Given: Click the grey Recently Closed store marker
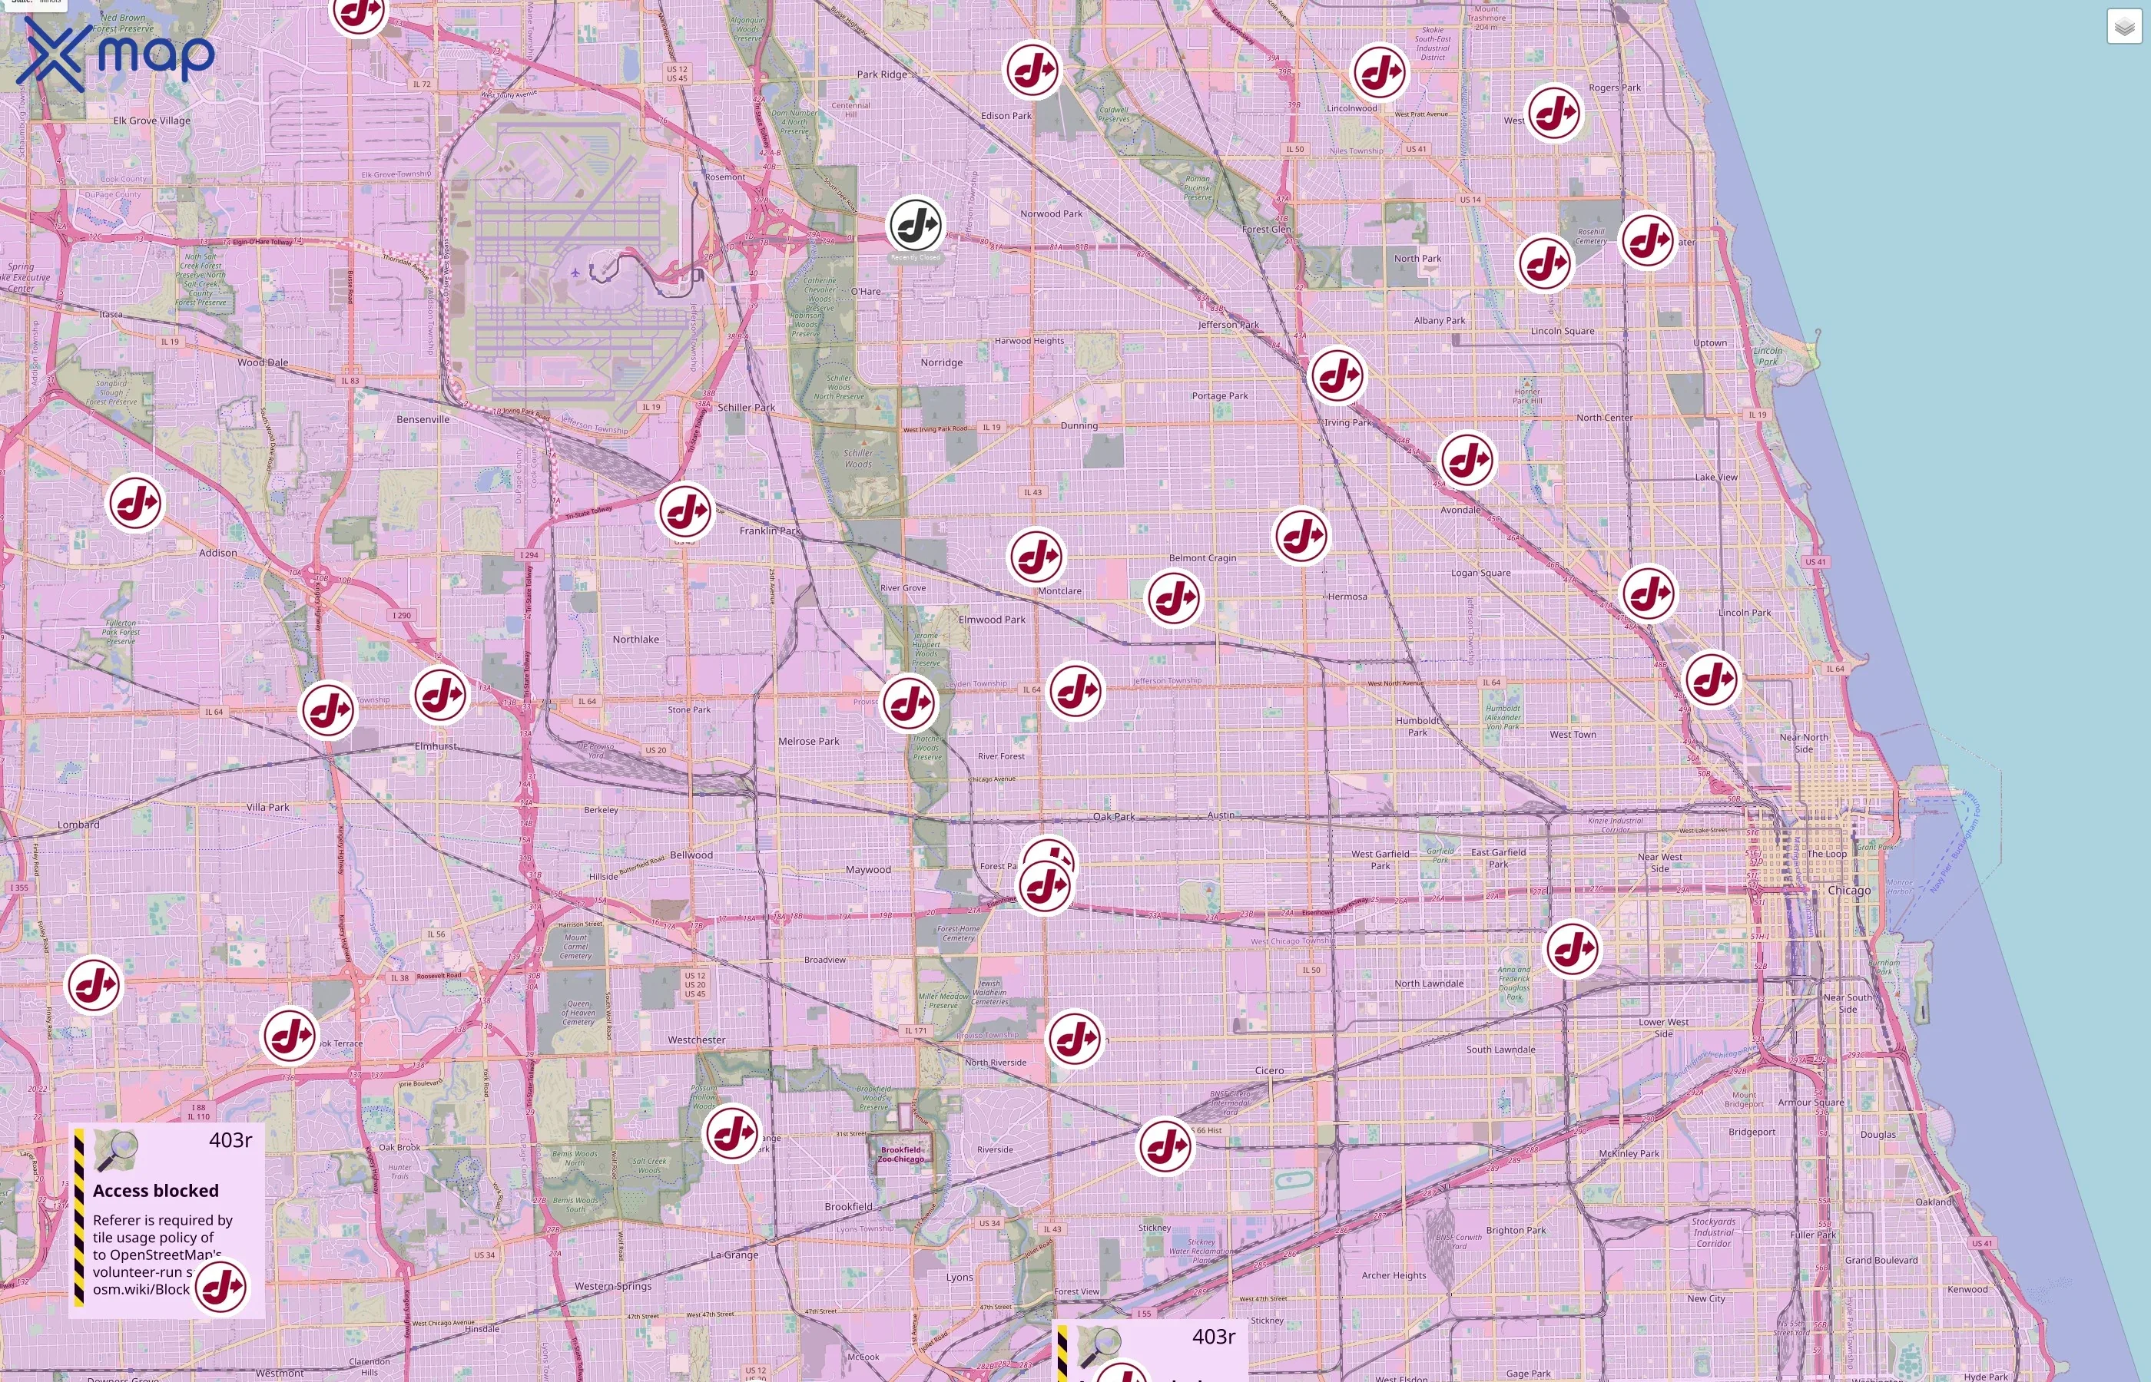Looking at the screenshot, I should tap(915, 225).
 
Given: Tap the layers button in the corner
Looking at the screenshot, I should tap(2123, 27).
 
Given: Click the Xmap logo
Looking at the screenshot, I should tap(115, 55).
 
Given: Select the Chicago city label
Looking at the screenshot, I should tap(1849, 890).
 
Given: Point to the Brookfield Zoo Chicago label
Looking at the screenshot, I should tap(900, 1154).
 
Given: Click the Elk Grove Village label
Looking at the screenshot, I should tap(151, 121).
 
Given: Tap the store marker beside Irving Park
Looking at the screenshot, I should tap(1337, 375).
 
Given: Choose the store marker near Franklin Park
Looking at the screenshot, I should tap(685, 511).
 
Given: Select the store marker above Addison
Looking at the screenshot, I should tap(135, 504).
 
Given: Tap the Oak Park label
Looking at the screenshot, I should tap(1113, 817).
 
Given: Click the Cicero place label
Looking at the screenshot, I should tap(1268, 1070).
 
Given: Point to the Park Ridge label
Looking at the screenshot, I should tap(882, 74).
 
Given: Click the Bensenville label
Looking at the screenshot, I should tap(423, 419).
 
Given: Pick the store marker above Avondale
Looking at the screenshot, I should tap(1467, 459).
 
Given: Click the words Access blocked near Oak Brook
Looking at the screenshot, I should tap(155, 1191).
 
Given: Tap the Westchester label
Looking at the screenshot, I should tap(696, 1040).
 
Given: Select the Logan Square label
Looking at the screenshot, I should tap(1480, 573).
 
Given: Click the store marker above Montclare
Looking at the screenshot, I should tap(1036, 556).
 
